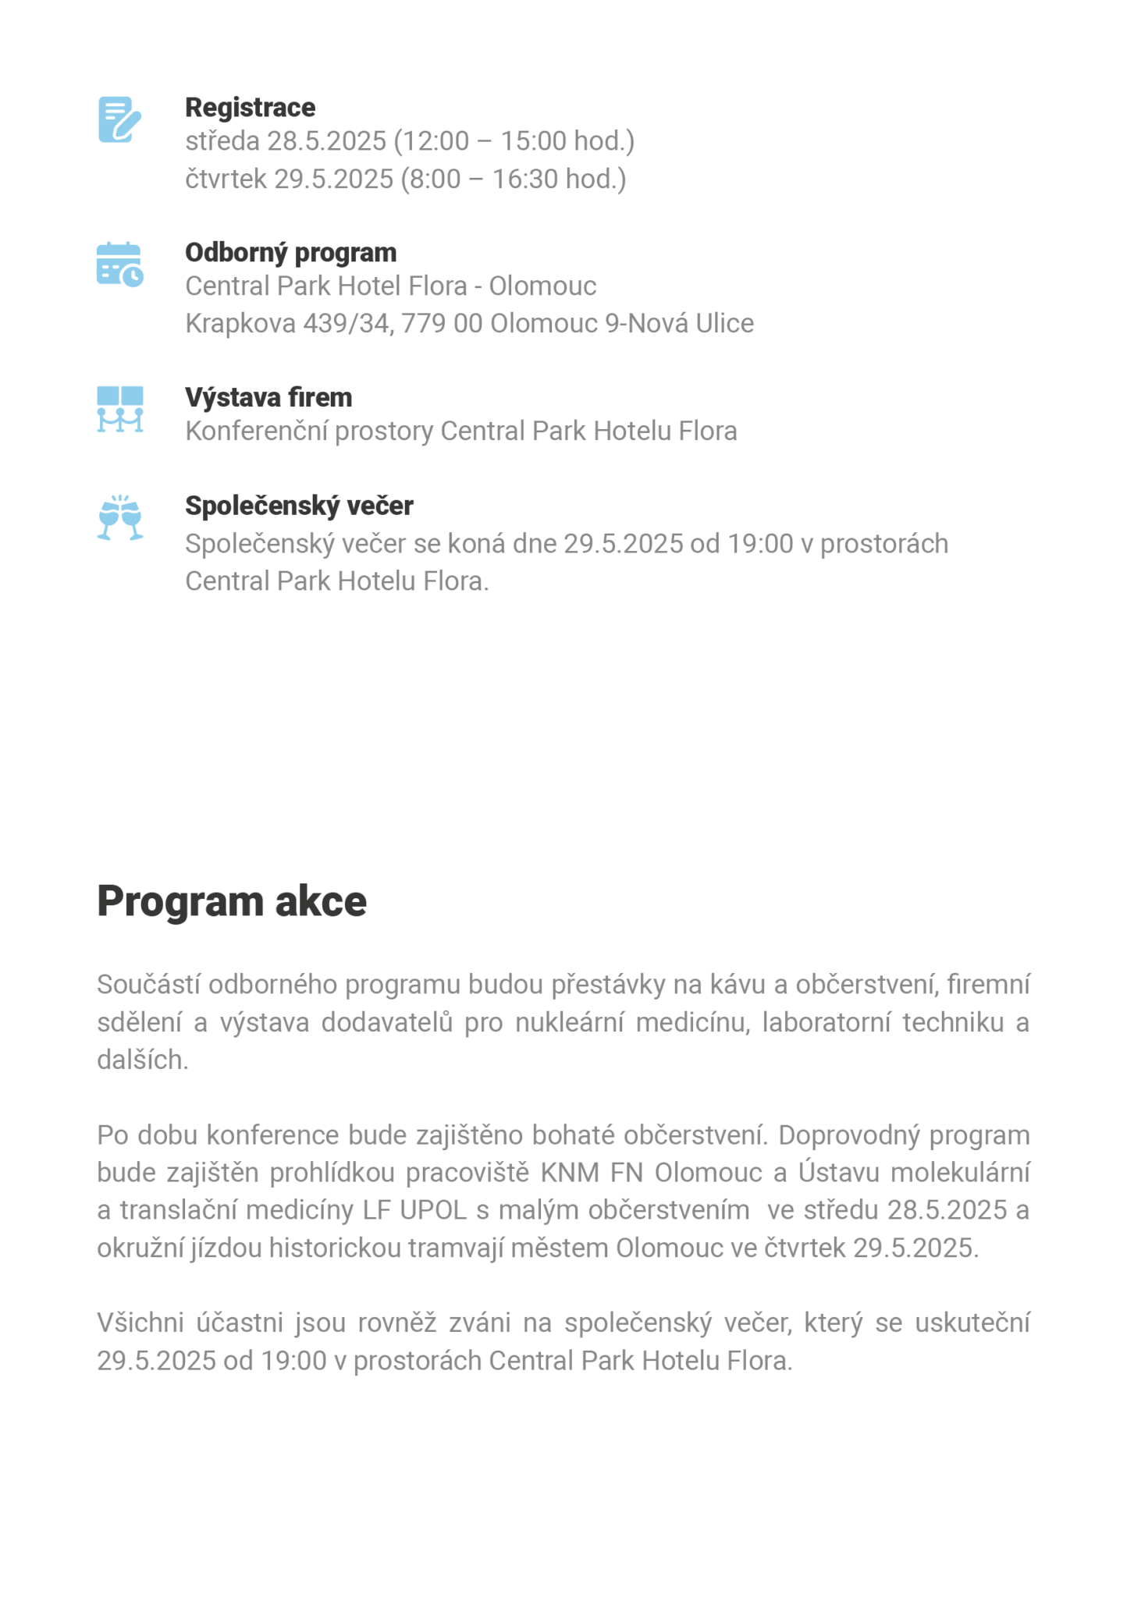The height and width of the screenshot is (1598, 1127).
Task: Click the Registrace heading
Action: tap(250, 107)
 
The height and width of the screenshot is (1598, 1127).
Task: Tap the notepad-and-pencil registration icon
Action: tap(119, 119)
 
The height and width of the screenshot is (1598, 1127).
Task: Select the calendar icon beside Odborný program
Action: tap(119, 265)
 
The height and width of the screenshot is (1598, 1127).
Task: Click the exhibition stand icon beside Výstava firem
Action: tap(119, 408)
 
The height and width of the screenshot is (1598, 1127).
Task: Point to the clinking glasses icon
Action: tap(119, 517)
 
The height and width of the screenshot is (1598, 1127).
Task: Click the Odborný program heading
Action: tap(290, 252)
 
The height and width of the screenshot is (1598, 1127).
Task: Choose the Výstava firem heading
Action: tap(268, 397)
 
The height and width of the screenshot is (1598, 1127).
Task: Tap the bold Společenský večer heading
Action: tap(299, 506)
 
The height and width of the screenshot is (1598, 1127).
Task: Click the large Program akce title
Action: tap(231, 901)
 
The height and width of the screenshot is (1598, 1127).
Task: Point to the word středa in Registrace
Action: tap(222, 141)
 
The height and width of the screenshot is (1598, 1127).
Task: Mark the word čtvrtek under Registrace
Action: tap(226, 179)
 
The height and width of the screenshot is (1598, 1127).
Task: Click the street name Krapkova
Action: tap(240, 323)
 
